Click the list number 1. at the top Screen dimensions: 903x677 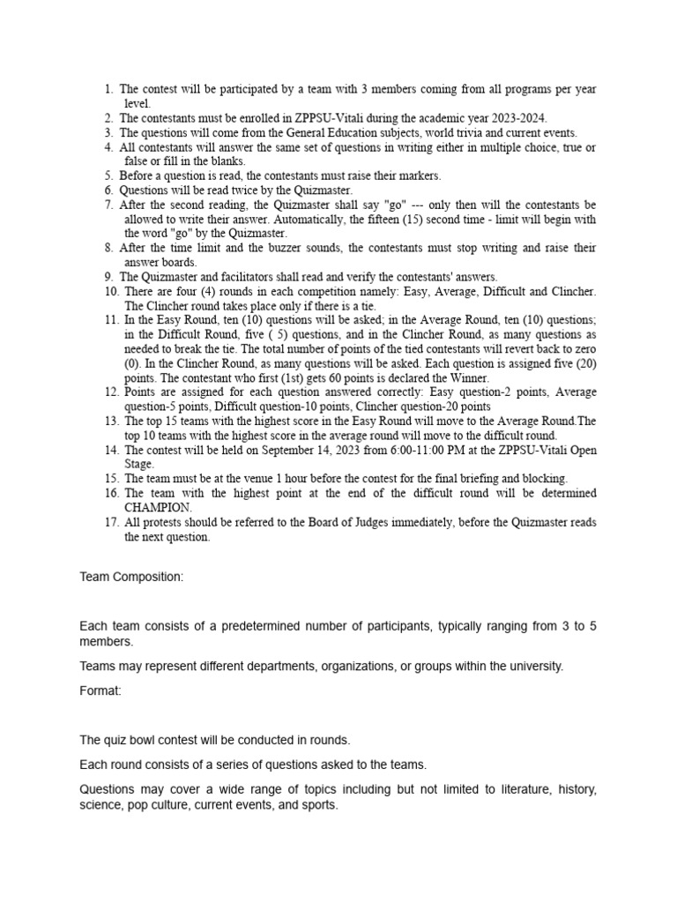pyautogui.click(x=108, y=90)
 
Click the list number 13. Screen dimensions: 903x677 pyautogui.click(x=110, y=421)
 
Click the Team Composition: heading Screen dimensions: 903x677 pyautogui.click(x=131, y=577)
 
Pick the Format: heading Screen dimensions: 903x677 pyautogui.click(x=100, y=690)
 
